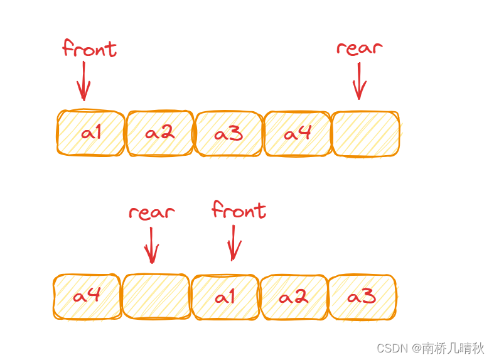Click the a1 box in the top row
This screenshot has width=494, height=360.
(x=91, y=133)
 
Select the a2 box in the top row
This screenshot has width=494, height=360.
(x=160, y=133)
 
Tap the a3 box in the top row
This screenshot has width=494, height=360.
(x=228, y=134)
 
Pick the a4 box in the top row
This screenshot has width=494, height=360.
(x=298, y=134)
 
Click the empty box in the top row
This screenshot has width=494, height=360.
(x=365, y=134)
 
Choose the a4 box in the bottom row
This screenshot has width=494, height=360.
(x=87, y=297)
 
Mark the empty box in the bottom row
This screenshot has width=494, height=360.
(x=156, y=297)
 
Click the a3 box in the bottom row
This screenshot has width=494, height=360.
(x=362, y=297)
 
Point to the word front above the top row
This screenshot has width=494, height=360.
(x=89, y=49)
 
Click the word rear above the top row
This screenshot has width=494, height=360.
(x=359, y=48)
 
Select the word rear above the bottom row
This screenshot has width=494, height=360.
(x=151, y=212)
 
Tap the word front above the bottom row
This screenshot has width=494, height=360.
(x=239, y=210)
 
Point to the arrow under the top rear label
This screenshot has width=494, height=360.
(x=359, y=80)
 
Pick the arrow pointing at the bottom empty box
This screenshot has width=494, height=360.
(x=151, y=245)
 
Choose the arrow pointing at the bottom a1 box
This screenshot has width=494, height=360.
(x=233, y=243)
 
